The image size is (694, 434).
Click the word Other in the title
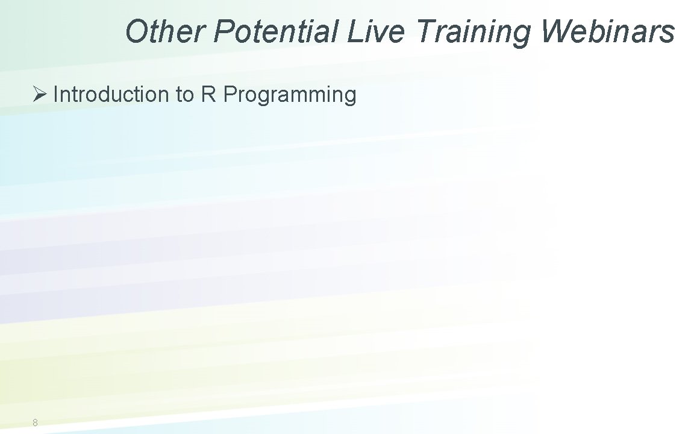[x=164, y=31]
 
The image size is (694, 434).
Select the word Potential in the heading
[x=277, y=31]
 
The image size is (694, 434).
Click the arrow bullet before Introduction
[x=40, y=94]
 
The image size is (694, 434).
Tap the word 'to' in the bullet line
[x=186, y=95]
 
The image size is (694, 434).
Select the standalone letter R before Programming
[x=208, y=95]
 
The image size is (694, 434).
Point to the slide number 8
[x=35, y=423]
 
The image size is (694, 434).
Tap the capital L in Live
[x=354, y=31]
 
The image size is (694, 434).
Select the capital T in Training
[x=425, y=31]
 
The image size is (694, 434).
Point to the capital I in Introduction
[x=55, y=95]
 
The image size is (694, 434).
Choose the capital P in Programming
[x=230, y=95]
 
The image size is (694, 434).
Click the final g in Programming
[x=350, y=97]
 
